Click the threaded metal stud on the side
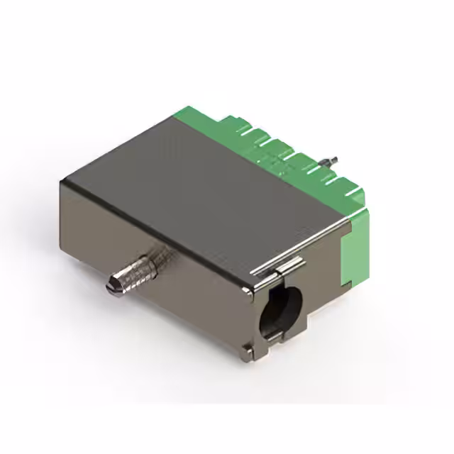coord(135,267)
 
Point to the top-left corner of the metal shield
coord(62,182)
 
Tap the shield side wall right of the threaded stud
coord(206,291)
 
